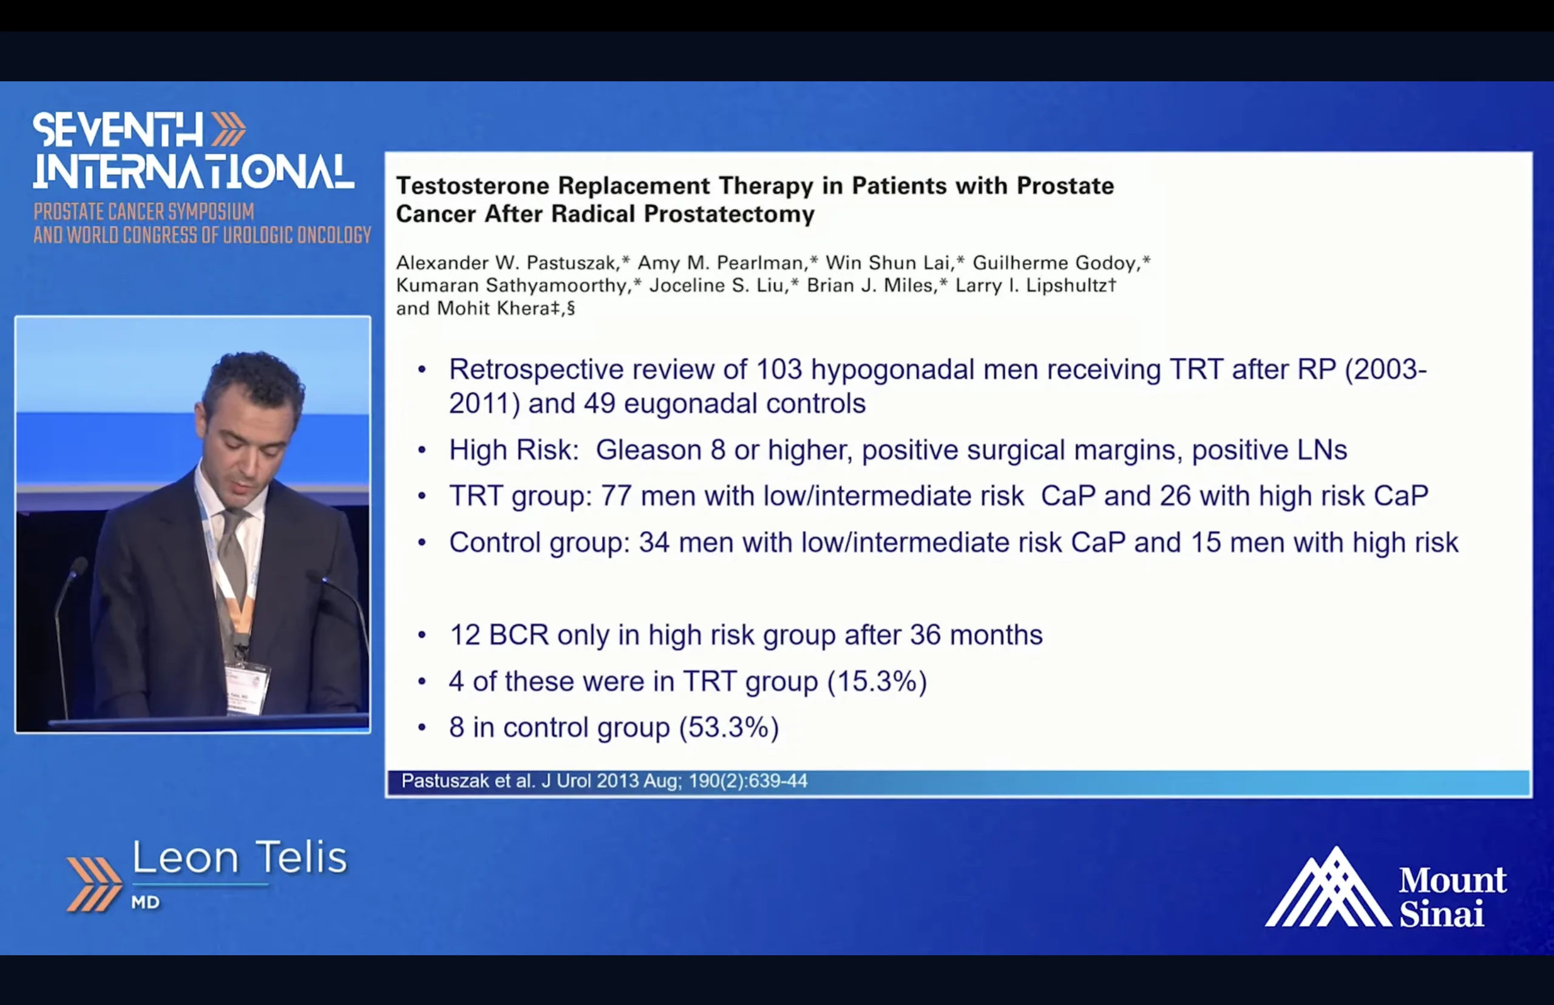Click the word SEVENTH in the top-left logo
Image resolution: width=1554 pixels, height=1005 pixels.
[118, 130]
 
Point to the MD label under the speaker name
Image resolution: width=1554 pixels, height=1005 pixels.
[146, 902]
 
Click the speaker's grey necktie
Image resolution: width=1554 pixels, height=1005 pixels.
[234, 561]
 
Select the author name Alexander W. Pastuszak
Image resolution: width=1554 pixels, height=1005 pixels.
[506, 263]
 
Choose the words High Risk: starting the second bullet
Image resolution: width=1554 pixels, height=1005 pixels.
[514, 450]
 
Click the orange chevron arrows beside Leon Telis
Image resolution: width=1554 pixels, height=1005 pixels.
[94, 884]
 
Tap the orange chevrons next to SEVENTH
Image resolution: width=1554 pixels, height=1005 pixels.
[228, 129]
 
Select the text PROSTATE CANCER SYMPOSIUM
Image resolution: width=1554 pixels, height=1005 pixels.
[144, 212]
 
